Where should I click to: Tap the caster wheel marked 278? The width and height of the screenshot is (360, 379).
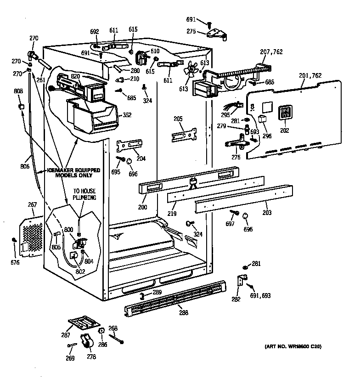pyautogui.click(x=86, y=342)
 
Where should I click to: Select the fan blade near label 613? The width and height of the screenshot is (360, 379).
pyautogui.click(x=188, y=70)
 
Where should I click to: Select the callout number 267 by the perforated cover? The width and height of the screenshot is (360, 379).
pyautogui.click(x=33, y=205)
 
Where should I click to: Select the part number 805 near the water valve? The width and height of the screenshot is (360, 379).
pyautogui.click(x=56, y=247)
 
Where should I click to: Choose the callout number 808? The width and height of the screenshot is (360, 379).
pyautogui.click(x=18, y=91)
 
